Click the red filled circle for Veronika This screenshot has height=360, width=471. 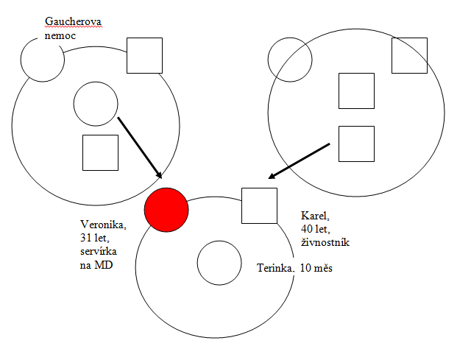point(166,210)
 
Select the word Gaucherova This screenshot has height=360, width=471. point(74,21)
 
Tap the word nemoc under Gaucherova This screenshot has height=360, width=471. point(60,36)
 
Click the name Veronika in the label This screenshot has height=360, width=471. point(103,225)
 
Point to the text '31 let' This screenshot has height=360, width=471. point(95,238)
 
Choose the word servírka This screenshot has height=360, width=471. point(99,251)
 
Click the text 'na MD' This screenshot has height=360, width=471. point(96,265)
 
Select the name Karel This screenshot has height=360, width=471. point(315,216)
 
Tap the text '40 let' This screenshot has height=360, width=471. point(316,229)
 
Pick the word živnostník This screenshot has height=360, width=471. point(325,242)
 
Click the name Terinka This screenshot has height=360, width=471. point(275,268)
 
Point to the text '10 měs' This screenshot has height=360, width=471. point(316,268)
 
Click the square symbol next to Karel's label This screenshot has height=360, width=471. point(260,206)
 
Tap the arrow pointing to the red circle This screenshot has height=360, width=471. point(140,148)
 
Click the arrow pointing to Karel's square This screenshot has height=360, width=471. point(299,161)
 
